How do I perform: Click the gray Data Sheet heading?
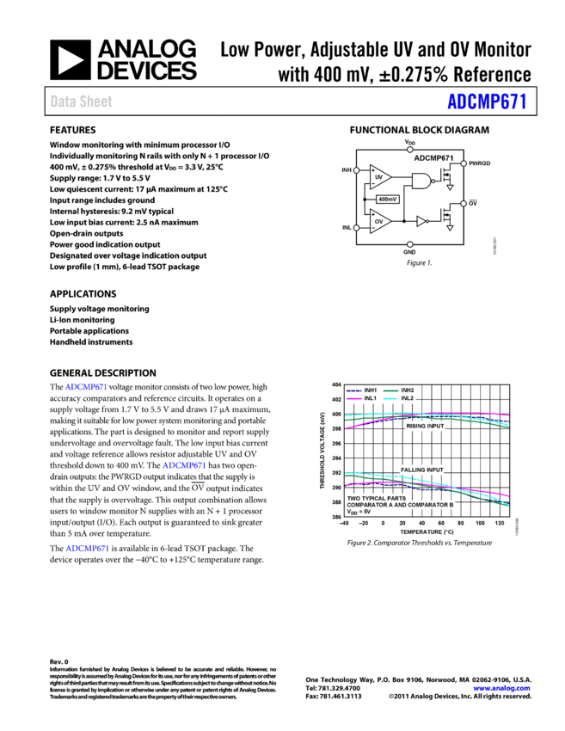point(81,101)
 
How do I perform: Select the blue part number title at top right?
point(486,101)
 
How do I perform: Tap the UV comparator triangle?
point(379,176)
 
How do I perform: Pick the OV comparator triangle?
point(379,221)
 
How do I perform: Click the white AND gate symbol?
point(421,181)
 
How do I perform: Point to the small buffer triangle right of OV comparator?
point(421,221)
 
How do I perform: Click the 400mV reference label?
point(388,200)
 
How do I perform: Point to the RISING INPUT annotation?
point(426,426)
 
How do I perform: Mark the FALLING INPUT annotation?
point(422,470)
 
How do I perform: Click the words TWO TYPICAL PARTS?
point(377,498)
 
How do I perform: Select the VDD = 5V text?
point(359,512)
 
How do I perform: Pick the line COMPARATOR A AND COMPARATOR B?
point(400,505)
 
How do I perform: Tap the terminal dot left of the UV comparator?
point(356,170)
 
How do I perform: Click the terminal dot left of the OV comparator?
point(356,228)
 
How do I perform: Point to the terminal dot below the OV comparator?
point(409,244)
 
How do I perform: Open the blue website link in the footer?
point(501,688)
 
